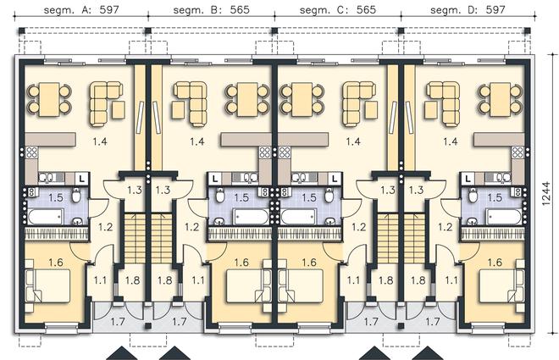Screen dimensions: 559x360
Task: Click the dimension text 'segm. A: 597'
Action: click(x=81, y=9)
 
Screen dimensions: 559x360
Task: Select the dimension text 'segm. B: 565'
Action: click(x=212, y=9)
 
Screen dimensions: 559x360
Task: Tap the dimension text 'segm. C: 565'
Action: click(x=338, y=9)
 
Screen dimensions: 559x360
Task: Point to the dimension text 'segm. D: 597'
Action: click(x=468, y=9)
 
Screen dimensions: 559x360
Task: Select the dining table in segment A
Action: click(x=50, y=99)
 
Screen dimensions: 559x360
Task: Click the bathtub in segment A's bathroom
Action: click(x=46, y=217)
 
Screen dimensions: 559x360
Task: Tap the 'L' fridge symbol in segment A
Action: click(x=82, y=178)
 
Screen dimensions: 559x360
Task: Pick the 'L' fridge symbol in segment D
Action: click(x=468, y=178)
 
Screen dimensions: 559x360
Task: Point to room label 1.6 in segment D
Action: click(x=495, y=263)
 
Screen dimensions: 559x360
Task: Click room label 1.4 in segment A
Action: click(x=100, y=141)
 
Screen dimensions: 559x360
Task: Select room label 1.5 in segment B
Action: click(x=241, y=197)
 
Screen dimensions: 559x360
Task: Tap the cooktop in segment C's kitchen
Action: click(x=284, y=152)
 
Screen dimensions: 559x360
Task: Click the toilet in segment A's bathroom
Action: click(x=76, y=195)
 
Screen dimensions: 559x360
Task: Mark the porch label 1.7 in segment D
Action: click(x=433, y=322)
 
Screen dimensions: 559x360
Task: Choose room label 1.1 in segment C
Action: click(x=353, y=280)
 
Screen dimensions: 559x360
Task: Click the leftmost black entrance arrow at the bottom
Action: click(x=122, y=353)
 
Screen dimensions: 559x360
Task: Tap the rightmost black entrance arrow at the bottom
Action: click(x=428, y=353)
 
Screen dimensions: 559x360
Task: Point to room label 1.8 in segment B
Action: click(x=164, y=280)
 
